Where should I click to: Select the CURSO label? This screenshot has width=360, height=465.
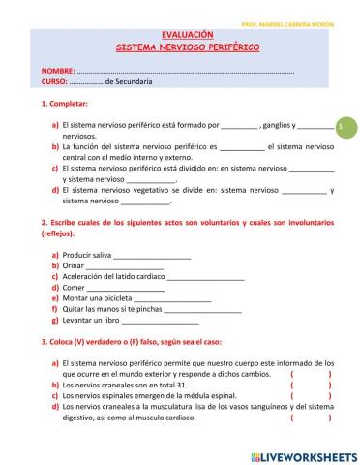55,81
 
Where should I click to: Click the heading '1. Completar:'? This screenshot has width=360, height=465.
65,103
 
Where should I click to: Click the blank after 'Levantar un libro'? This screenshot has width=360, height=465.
160,321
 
